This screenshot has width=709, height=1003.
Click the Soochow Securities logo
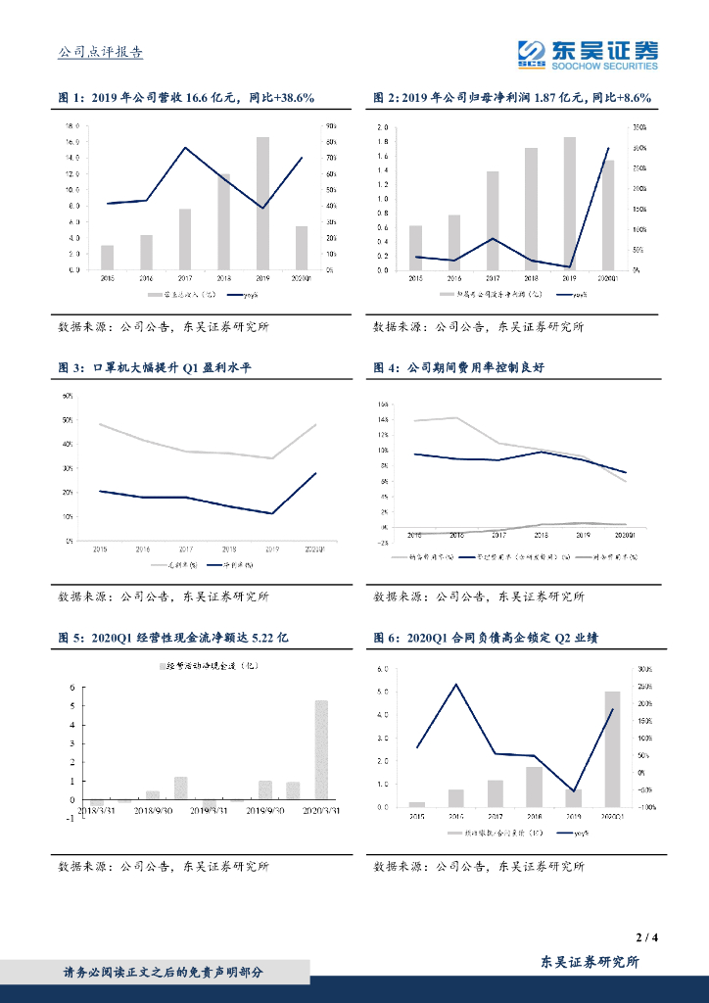coord(588,54)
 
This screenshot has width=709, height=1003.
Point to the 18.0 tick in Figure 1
coord(71,127)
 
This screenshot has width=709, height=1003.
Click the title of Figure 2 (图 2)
coord(512,98)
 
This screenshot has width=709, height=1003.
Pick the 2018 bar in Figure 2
coord(531,209)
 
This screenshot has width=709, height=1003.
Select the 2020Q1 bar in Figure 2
coord(608,215)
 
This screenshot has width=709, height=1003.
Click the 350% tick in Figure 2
coord(639,128)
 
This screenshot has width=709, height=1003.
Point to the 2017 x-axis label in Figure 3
coord(186,549)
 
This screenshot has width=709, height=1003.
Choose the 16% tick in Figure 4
coord(385,404)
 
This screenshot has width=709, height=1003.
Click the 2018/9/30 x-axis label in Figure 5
coord(153,810)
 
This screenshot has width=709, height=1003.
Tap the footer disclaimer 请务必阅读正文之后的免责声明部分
coord(163,973)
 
